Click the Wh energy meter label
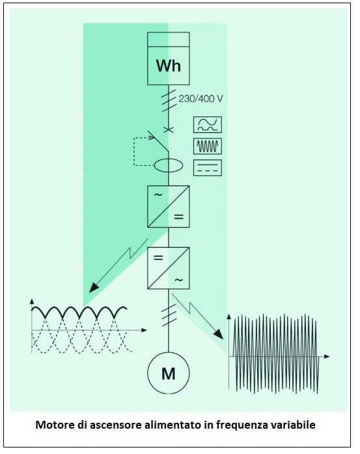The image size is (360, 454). pos(169,66)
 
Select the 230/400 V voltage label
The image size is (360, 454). pos(201,99)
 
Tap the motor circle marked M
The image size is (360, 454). pos(169,373)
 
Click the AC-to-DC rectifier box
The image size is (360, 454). pos(169,206)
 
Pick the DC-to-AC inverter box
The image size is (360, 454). pos(169,268)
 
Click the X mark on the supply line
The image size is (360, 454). pos(169,129)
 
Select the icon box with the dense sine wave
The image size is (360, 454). pos(208,146)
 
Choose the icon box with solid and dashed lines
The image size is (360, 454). pos(208,168)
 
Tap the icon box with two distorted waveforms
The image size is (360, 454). pos(208,125)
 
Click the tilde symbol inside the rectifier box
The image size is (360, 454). pos(158,195)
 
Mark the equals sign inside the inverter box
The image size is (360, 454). pos(158,258)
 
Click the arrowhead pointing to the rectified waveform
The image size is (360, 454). pos(94,287)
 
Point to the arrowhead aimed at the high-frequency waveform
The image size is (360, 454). pos(219,334)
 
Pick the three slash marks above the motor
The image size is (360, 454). pos(169,315)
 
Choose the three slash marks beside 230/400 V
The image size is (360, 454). pos(169,100)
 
